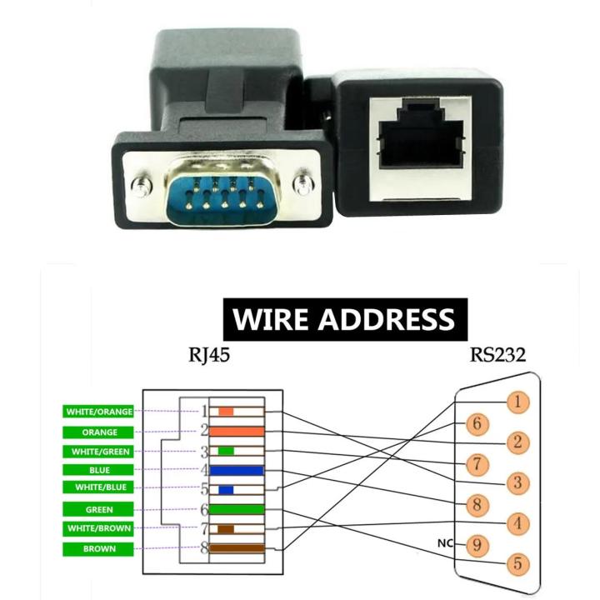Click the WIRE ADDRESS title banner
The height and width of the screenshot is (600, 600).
pyautogui.click(x=344, y=318)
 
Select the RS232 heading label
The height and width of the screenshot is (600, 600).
pyautogui.click(x=497, y=355)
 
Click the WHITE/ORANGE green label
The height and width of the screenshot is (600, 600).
pyautogui.click(x=99, y=412)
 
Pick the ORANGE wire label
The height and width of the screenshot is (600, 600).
pyautogui.click(x=99, y=432)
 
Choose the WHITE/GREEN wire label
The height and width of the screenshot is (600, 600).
pyautogui.click(x=99, y=452)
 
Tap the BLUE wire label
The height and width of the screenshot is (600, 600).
pyautogui.click(x=99, y=470)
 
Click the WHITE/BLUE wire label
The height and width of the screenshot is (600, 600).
pyautogui.click(x=99, y=487)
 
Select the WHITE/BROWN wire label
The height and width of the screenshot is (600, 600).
pyautogui.click(x=99, y=528)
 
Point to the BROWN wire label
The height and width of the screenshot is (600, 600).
pyautogui.click(x=99, y=549)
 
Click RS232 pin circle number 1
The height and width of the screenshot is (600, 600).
pyautogui.click(x=517, y=402)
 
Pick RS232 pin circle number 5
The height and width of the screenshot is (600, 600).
pyautogui.click(x=517, y=564)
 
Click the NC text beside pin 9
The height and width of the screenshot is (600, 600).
pyautogui.click(x=445, y=543)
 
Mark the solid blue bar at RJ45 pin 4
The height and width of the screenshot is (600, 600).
pyautogui.click(x=237, y=471)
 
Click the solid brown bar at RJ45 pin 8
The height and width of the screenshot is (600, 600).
pyautogui.click(x=237, y=548)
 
